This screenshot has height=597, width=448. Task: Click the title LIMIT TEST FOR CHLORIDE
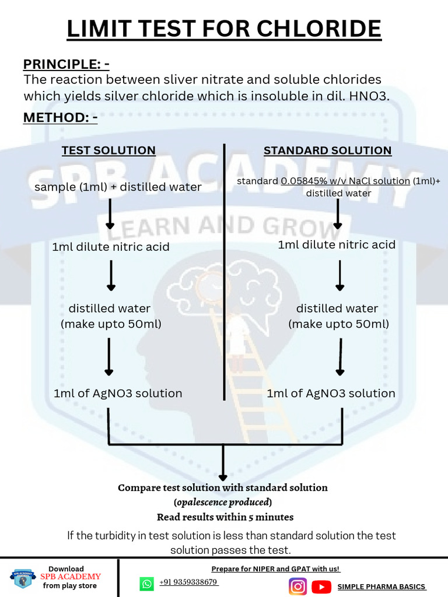[x=224, y=29]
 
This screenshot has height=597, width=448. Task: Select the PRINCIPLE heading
[x=66, y=64]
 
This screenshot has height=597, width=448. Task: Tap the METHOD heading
[x=60, y=118]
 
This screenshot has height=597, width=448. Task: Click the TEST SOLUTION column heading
[x=108, y=150]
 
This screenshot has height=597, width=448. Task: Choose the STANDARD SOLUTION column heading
[x=327, y=150]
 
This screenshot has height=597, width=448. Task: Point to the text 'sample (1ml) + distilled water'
[x=118, y=187]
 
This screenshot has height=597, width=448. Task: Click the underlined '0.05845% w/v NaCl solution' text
[x=345, y=181]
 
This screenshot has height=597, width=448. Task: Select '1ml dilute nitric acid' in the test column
[x=111, y=247]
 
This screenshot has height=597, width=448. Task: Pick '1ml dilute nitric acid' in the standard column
[x=337, y=244]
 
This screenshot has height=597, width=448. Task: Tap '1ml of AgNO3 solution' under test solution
[x=118, y=394]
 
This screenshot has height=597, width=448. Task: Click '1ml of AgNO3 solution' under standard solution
[x=331, y=394]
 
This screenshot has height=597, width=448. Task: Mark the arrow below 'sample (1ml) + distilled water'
[x=110, y=215]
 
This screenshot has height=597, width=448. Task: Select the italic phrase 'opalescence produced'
[x=223, y=502]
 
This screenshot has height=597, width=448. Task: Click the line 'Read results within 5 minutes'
[x=225, y=517]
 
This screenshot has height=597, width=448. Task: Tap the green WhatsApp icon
[x=146, y=584]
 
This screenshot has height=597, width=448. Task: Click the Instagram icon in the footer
[x=297, y=586]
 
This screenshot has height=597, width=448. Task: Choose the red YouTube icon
[x=321, y=586]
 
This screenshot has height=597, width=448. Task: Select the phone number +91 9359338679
[x=188, y=582]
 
